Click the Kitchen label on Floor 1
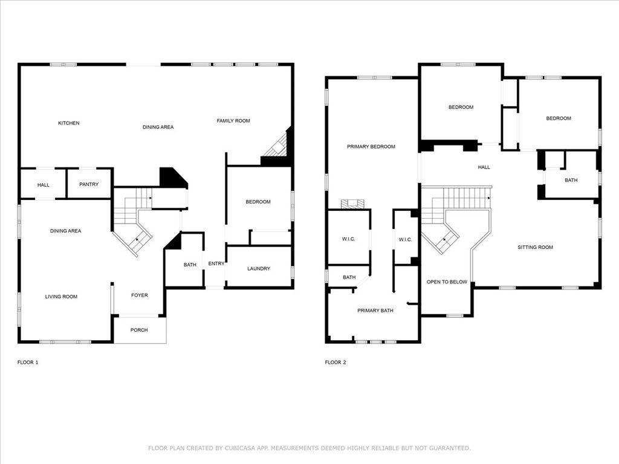point(68,123)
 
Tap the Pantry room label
point(89,185)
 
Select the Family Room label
point(233,121)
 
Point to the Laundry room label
point(259,269)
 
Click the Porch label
point(139,330)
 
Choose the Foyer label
point(139,295)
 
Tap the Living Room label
point(61,297)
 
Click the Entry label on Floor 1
point(216,264)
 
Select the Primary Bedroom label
point(371,147)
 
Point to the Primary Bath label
point(375,311)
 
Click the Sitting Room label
point(535,247)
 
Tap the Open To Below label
point(447,282)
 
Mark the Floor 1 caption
point(28,362)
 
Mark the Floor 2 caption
point(335,362)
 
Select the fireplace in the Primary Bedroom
point(349,204)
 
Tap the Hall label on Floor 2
point(484,167)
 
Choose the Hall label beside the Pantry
point(44,185)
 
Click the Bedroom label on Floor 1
point(258,202)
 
